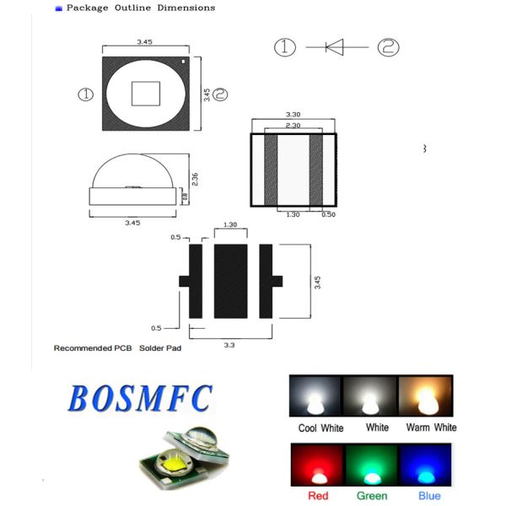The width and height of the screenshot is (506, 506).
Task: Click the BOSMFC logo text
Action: pyautogui.click(x=139, y=396)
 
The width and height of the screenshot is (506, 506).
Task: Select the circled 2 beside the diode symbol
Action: pyautogui.click(x=388, y=47)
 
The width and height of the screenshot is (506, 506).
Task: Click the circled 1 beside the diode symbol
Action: pyautogui.click(x=285, y=47)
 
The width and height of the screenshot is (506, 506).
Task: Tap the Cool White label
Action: pyautogui.click(x=320, y=428)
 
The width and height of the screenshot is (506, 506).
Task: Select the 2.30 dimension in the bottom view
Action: pyautogui.click(x=293, y=126)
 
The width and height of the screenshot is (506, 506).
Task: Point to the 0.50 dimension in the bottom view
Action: pyautogui.click(x=329, y=215)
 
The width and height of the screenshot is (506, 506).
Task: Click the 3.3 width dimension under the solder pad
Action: pyautogui.click(x=229, y=345)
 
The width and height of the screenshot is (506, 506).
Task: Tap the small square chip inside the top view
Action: pyautogui.click(x=145, y=94)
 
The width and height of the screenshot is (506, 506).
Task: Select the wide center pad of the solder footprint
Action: pyautogui.click(x=229, y=281)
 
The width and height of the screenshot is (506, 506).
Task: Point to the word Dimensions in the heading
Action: pyautogui.click(x=188, y=8)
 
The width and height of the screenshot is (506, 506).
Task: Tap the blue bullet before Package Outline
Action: pyautogui.click(x=58, y=8)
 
